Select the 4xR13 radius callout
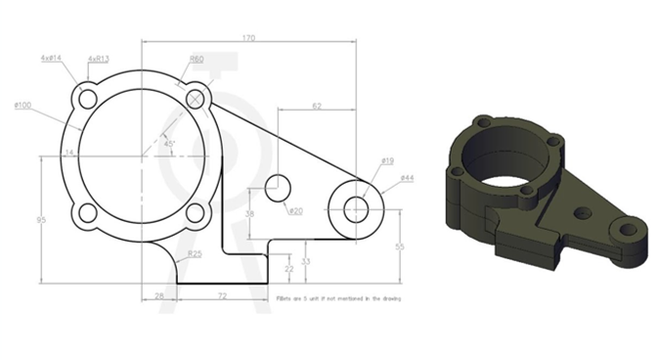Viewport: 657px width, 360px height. tap(98, 59)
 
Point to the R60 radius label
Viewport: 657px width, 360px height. tap(197, 59)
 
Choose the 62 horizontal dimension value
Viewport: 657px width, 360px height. tap(317, 104)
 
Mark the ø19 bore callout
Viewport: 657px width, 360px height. tap(387, 160)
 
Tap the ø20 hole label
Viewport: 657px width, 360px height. tap(296, 210)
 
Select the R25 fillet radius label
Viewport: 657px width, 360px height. tap(196, 253)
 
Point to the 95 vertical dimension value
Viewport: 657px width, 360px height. tap(40, 220)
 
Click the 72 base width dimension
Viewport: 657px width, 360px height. tap(222, 293)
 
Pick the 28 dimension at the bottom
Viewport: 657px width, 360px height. tap(158, 293)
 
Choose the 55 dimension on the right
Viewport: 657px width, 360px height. tap(398, 246)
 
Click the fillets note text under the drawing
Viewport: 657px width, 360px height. tap(338, 297)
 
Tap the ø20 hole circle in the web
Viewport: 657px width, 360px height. tap(279, 186)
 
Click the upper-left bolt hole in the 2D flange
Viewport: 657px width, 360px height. tap(87, 99)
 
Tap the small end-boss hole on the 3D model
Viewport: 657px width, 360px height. tap(620, 228)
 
